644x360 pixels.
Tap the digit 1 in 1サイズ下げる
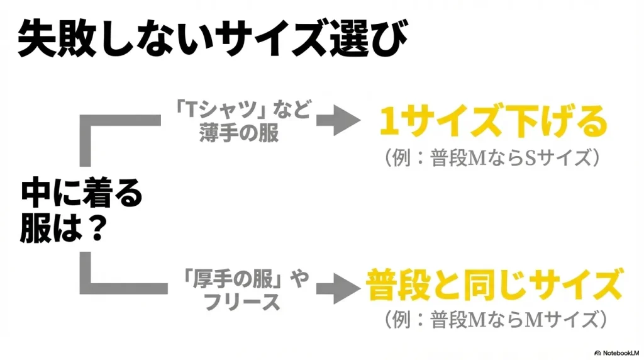click(390, 124)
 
